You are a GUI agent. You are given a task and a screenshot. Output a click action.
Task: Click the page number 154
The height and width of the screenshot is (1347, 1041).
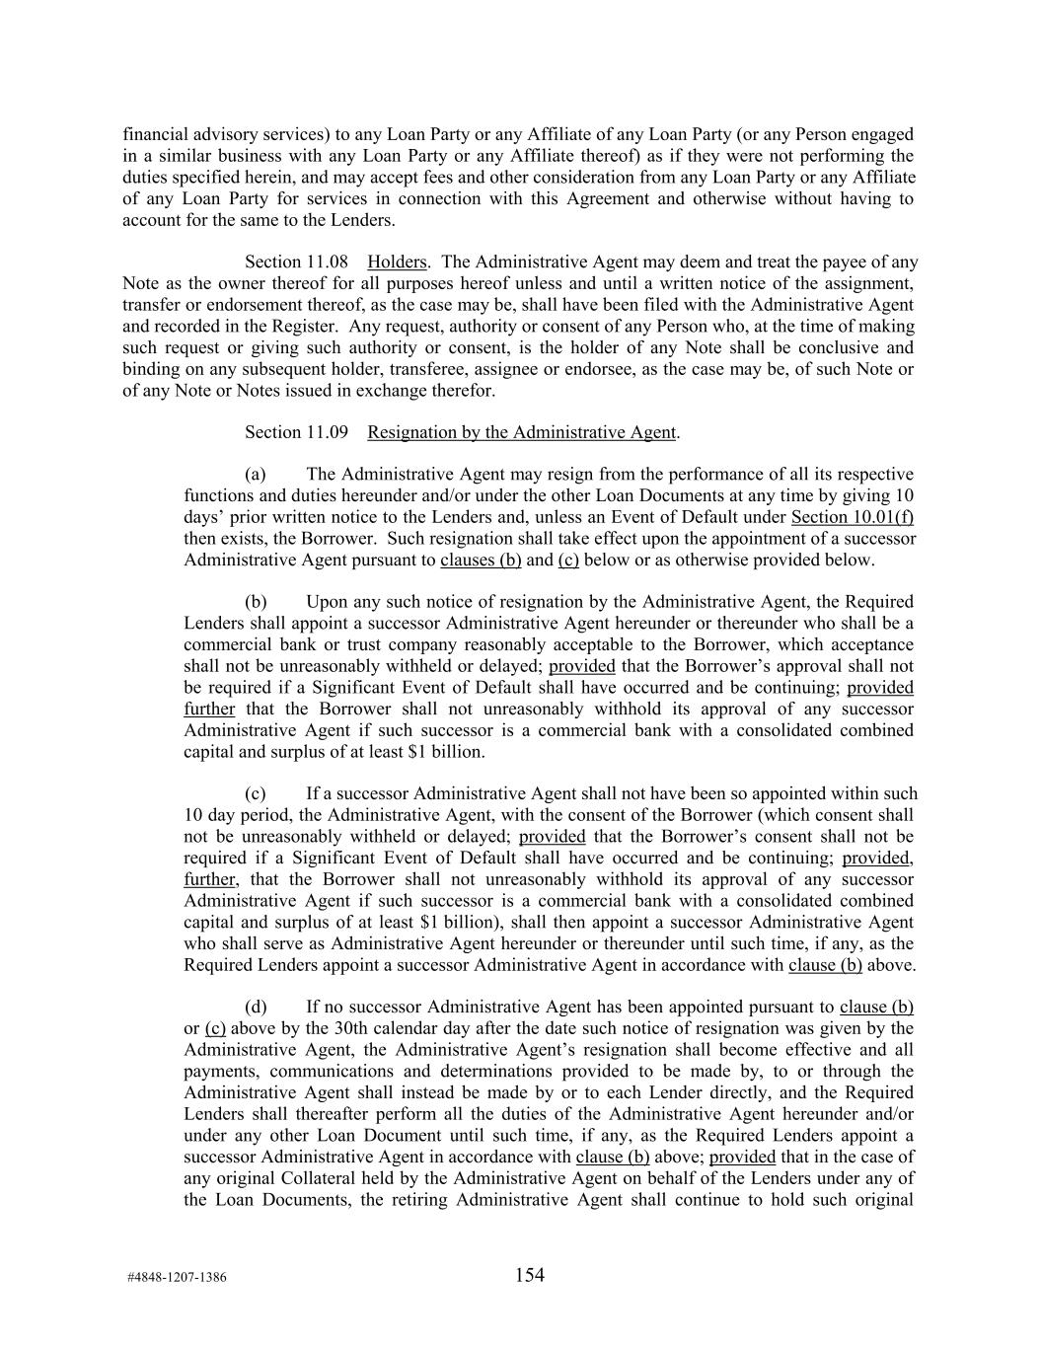[529, 1275]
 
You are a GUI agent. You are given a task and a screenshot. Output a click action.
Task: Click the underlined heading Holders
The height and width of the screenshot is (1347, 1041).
[397, 262]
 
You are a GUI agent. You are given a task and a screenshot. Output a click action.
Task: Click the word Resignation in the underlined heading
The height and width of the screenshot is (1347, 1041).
[411, 432]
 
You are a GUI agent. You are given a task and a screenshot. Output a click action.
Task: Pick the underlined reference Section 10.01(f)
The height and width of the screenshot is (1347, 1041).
[853, 517]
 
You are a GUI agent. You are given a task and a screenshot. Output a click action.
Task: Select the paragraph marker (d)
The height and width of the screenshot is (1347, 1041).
[256, 1008]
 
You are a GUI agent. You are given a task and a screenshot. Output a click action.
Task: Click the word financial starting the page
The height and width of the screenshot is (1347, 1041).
[154, 134]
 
